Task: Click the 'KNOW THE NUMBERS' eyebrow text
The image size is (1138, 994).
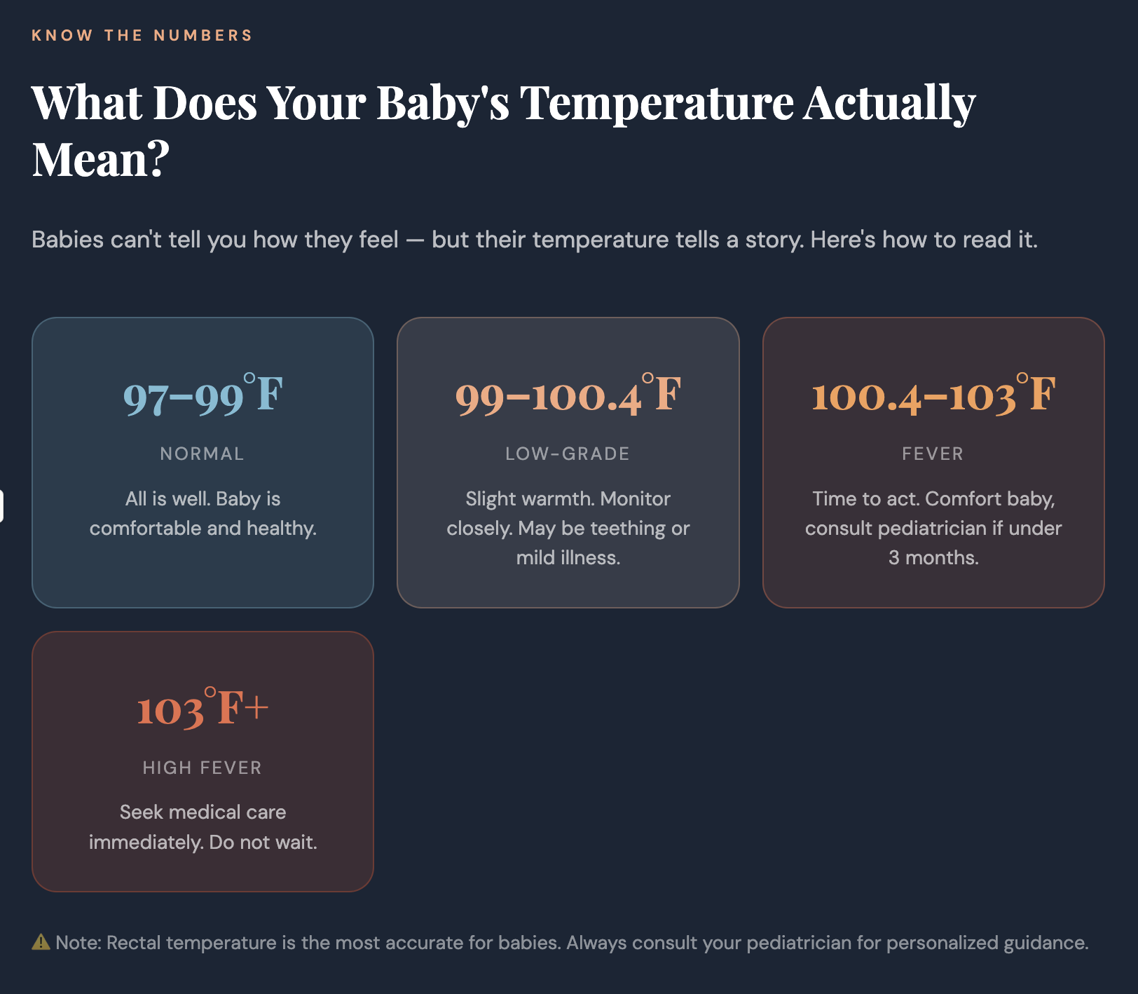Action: (x=142, y=35)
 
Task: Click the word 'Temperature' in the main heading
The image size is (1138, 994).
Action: (x=657, y=103)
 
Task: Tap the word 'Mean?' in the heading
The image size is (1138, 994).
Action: (x=101, y=160)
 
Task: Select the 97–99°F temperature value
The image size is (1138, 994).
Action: (x=203, y=395)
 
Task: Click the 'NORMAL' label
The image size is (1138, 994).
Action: (x=202, y=454)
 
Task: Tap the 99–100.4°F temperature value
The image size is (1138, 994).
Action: (x=568, y=395)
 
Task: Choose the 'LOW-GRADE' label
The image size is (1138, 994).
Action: (x=568, y=454)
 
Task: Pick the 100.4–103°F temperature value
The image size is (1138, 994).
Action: (x=933, y=395)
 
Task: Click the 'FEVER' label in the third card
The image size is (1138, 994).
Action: (x=933, y=454)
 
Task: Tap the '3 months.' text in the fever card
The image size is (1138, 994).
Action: (x=933, y=558)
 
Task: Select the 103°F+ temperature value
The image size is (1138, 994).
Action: (x=203, y=709)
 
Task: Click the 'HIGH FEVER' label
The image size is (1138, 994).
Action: (x=202, y=768)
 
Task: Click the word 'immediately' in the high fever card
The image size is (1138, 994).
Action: (x=145, y=842)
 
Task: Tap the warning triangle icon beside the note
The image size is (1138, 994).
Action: (x=41, y=942)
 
